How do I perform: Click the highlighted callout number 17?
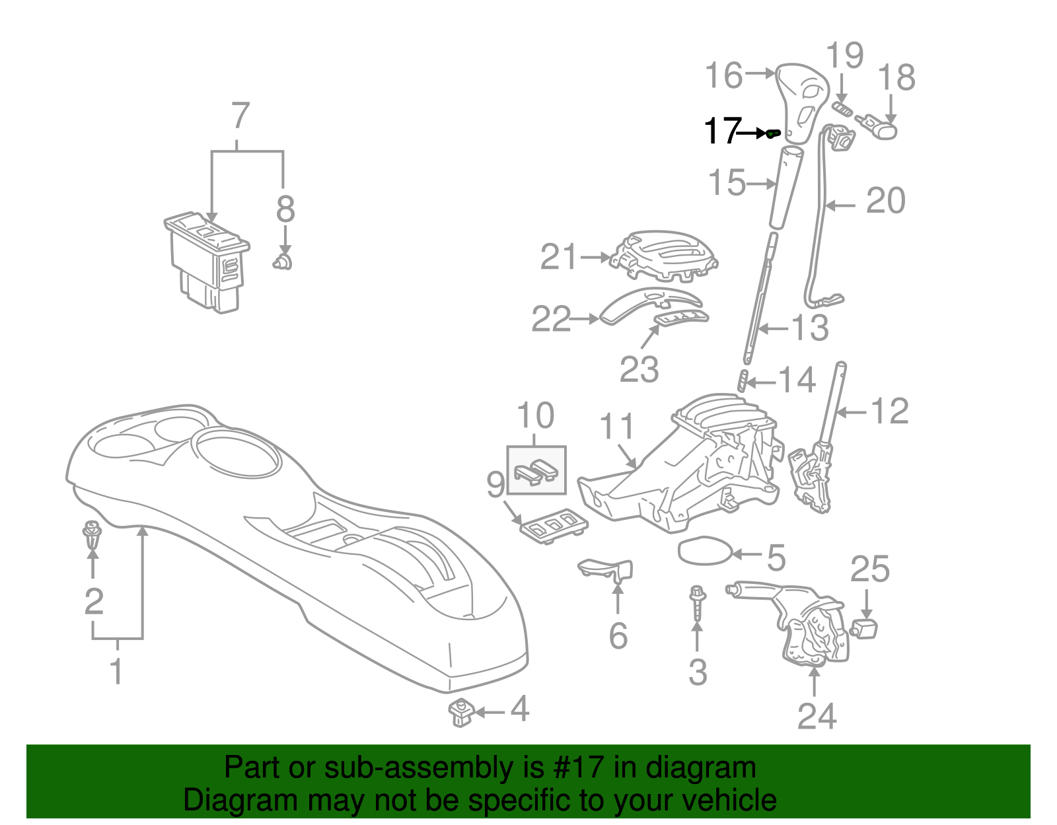723,131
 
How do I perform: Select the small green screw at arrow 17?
774,133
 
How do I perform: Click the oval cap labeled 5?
704,550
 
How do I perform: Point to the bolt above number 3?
698,602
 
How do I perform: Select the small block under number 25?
864,629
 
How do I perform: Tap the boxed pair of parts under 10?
536,470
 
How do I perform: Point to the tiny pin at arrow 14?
743,380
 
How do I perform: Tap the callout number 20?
886,200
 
